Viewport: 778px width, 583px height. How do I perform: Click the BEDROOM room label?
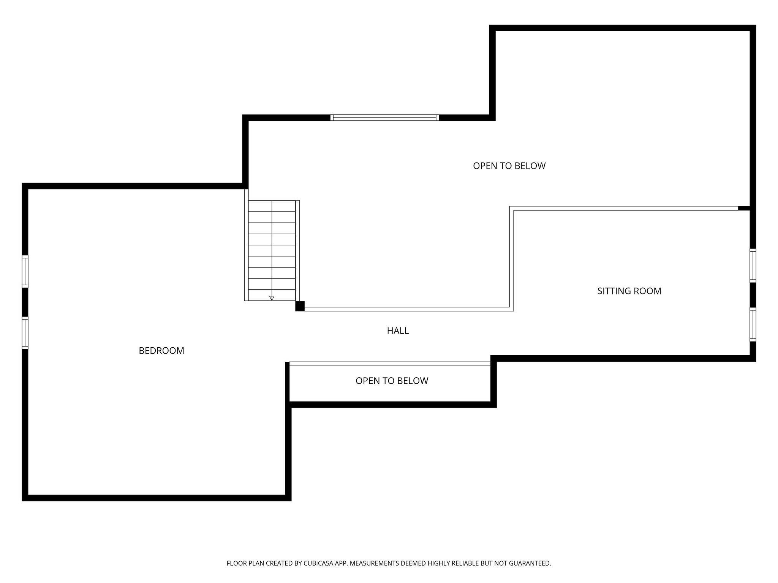tap(161, 351)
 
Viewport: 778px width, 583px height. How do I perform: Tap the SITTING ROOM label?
tap(629, 291)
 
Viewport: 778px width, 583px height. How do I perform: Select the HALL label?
tap(398, 331)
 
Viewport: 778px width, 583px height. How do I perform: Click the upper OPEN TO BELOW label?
tap(509, 166)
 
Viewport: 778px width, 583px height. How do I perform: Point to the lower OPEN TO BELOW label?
tap(392, 381)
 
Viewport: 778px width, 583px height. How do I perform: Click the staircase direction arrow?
tap(272, 298)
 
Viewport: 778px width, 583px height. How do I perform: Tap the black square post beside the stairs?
tap(300, 306)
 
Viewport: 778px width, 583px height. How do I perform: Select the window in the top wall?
tap(384, 118)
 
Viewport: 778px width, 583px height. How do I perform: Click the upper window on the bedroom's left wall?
tap(25, 271)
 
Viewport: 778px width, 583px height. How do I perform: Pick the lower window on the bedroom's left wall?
tap(25, 333)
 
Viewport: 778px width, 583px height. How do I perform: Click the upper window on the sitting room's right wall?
tap(753, 265)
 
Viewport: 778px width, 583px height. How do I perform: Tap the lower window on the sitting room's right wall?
tap(753, 324)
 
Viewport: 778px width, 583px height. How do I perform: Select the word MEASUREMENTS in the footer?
tap(374, 563)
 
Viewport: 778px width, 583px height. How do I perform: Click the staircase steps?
tap(272, 251)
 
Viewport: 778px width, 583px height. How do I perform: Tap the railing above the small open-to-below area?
tap(390, 364)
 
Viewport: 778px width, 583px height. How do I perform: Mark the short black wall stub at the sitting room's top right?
tap(744, 208)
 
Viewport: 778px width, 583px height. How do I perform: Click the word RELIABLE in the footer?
tap(466, 563)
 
